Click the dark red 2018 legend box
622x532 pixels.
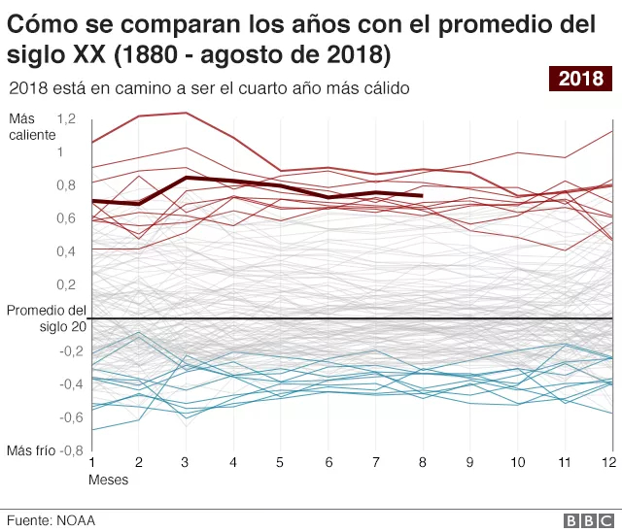click(x=580, y=79)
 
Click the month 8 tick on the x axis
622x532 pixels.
click(x=422, y=462)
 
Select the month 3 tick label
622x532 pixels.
click(x=186, y=462)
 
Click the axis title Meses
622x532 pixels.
click(x=108, y=480)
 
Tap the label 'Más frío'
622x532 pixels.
click(x=31, y=450)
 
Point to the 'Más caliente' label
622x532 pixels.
click(x=32, y=126)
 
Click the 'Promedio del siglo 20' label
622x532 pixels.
click(x=46, y=318)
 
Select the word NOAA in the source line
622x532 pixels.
click(x=76, y=520)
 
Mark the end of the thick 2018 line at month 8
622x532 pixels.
click(x=422, y=196)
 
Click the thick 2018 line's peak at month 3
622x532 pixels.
click(x=186, y=178)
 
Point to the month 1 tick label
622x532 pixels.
click(x=91, y=462)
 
